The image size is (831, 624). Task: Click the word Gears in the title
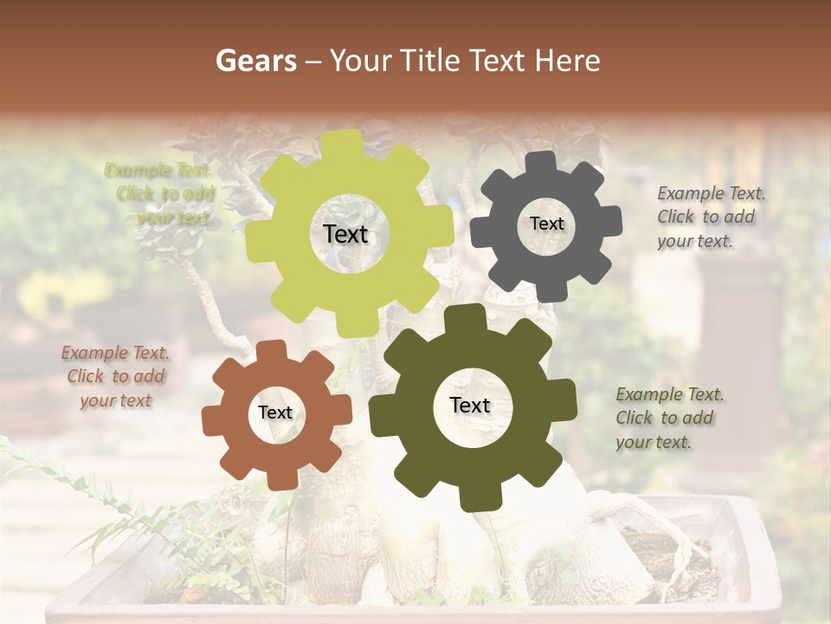pos(255,60)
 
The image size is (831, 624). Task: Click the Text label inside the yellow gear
pos(345,234)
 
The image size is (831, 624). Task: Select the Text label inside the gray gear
pos(546,224)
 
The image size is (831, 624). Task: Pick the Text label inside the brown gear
pos(275,413)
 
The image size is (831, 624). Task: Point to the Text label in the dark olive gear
pos(470,405)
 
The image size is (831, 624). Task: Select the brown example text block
pos(115,376)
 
